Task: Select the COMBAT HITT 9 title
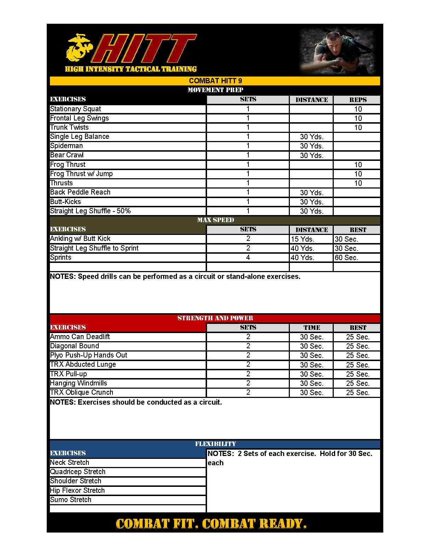click(215, 81)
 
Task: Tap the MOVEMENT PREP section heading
click(215, 90)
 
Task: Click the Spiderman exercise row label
click(67, 146)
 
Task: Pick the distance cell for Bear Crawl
click(311, 155)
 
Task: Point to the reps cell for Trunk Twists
click(358, 128)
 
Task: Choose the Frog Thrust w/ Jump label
click(81, 174)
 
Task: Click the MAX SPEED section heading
click(215, 220)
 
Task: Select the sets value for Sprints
click(248, 257)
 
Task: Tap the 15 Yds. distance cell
click(303, 239)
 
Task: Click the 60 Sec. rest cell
click(346, 258)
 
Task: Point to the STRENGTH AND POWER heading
click(215, 318)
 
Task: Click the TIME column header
click(311, 328)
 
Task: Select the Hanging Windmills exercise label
click(79, 383)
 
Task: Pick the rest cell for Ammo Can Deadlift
click(357, 337)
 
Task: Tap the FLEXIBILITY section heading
click(215, 444)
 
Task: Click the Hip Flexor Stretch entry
click(78, 490)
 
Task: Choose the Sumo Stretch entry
click(71, 500)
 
